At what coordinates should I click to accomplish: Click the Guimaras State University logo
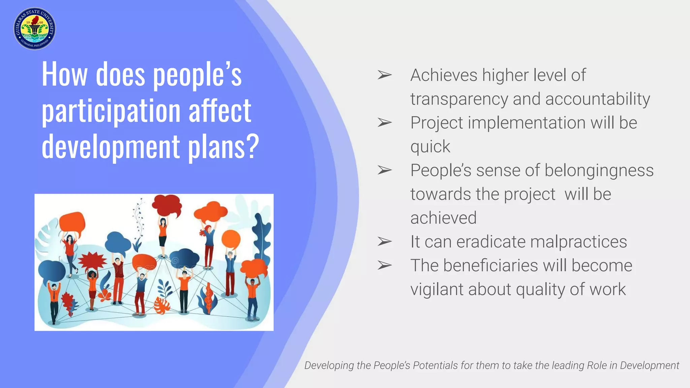[x=35, y=29]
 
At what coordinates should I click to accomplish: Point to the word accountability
[x=598, y=99]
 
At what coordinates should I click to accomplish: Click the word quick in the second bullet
[x=430, y=147]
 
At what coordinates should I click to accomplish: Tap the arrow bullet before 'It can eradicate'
[x=384, y=241]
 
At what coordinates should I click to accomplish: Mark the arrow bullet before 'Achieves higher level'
[x=384, y=75]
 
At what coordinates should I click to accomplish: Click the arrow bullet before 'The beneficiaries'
[x=384, y=265]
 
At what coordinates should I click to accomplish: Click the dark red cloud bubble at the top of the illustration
[x=167, y=205]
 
